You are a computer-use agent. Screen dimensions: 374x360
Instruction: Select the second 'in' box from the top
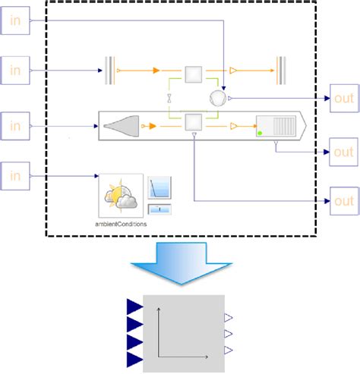pyautogui.click(x=14, y=71)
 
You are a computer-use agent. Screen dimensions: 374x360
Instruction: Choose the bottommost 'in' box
pyautogui.click(x=14, y=176)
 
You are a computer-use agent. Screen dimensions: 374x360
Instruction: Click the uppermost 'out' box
pyautogui.click(x=344, y=99)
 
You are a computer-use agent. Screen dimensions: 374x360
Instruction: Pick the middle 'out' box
pyautogui.click(x=344, y=151)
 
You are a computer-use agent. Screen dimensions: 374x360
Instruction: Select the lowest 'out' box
pyautogui.click(x=344, y=201)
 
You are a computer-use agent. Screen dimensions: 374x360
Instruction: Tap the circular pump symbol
pyautogui.click(x=217, y=97)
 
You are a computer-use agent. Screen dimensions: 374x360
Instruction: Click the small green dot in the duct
pyautogui.click(x=260, y=134)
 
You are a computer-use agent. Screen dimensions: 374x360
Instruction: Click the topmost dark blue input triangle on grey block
pyautogui.click(x=134, y=306)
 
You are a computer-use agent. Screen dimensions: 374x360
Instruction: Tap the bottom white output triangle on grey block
pyautogui.click(x=228, y=350)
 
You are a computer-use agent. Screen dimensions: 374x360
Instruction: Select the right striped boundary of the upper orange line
pyautogui.click(x=280, y=71)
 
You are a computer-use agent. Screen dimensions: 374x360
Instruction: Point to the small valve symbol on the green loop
pyautogui.click(x=170, y=97)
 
